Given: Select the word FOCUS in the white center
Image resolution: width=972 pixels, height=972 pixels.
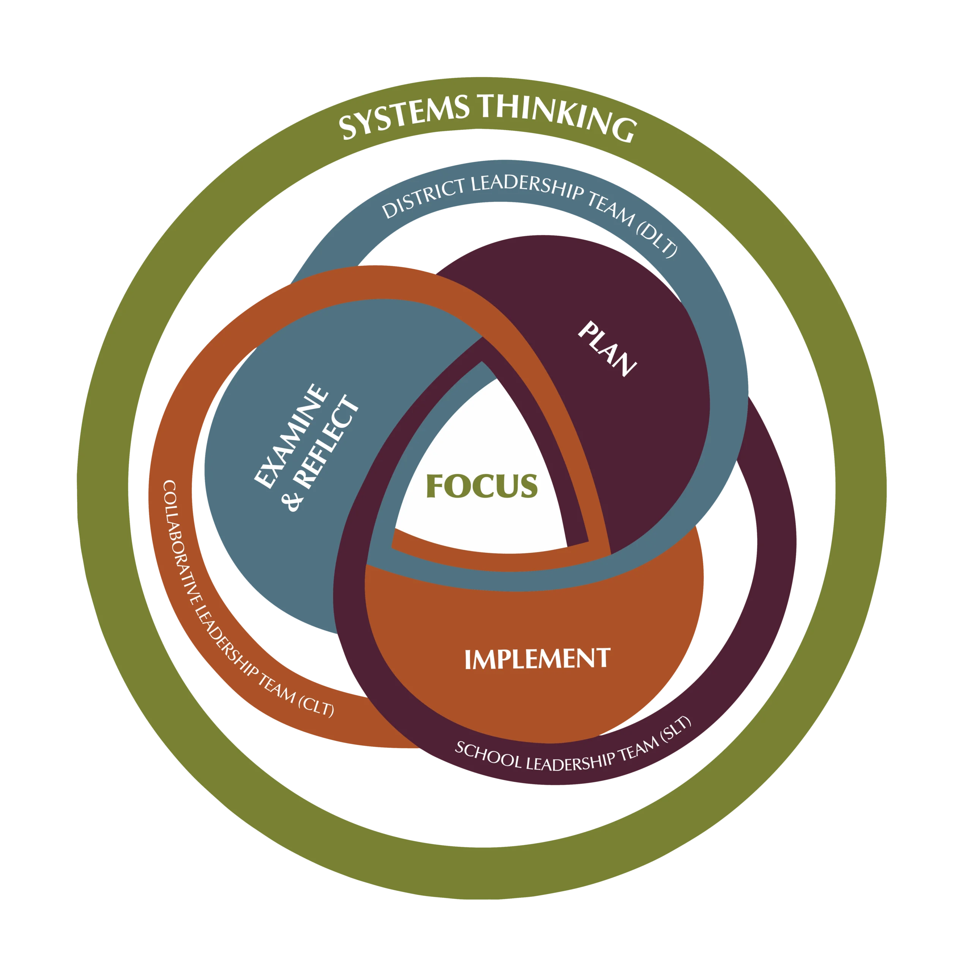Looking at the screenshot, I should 482,486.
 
